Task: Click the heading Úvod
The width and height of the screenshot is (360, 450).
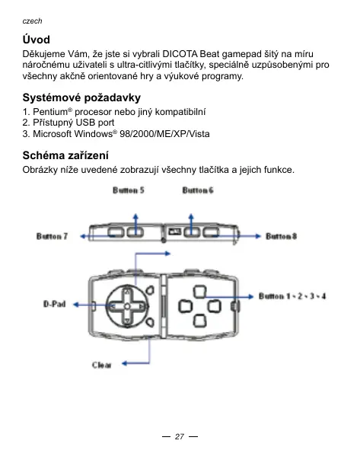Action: pyautogui.click(x=36, y=40)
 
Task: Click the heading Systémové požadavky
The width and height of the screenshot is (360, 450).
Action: pyautogui.click(x=81, y=97)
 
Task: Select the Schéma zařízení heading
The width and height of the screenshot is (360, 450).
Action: pyautogui.click(x=65, y=155)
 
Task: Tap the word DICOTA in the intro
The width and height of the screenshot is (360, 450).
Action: pyautogui.click(x=180, y=54)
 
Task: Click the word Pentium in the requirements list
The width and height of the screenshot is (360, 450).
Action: pyautogui.click(x=50, y=112)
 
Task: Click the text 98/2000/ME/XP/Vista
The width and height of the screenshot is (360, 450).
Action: pyautogui.click(x=164, y=134)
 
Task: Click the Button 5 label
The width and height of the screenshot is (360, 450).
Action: pyautogui.click(x=128, y=190)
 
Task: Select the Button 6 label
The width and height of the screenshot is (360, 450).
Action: pyautogui.click(x=198, y=190)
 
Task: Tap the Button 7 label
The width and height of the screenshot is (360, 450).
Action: pyautogui.click(x=52, y=236)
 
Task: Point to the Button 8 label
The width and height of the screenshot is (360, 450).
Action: pyautogui.click(x=281, y=236)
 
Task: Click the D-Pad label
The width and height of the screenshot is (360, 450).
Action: pyautogui.click(x=55, y=304)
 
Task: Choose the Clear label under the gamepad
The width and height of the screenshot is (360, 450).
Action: pyautogui.click(x=102, y=365)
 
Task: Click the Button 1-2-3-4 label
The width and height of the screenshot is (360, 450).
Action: pyautogui.click(x=292, y=296)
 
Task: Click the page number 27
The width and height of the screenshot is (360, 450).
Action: pyautogui.click(x=180, y=436)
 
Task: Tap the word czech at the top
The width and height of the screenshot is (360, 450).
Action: pyautogui.click(x=32, y=21)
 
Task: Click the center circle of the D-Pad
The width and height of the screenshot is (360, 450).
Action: pyautogui.click(x=127, y=307)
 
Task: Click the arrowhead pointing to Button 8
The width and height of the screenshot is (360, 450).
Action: pyautogui.click(x=258, y=236)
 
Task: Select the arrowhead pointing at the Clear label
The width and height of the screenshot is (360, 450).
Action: pyautogui.click(x=125, y=364)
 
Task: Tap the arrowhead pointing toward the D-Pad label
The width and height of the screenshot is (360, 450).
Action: pyautogui.click(x=76, y=305)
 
